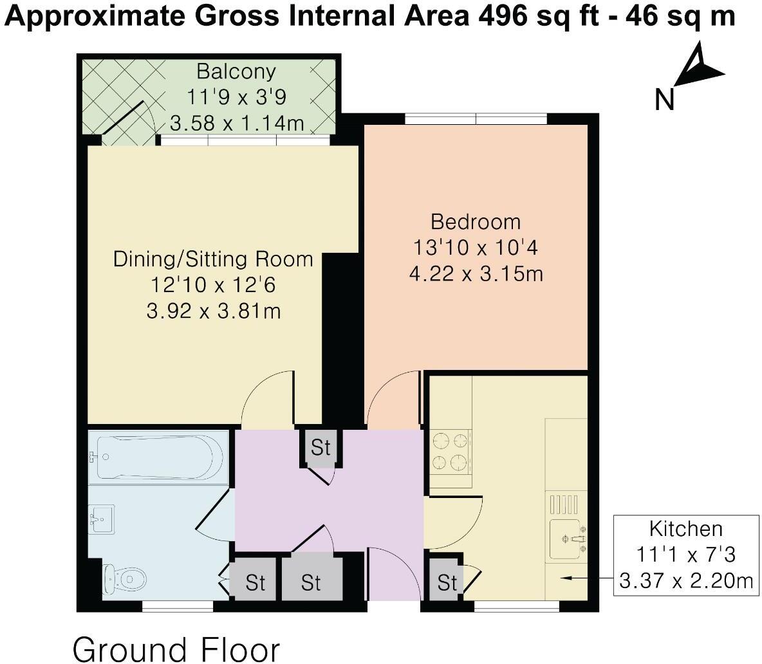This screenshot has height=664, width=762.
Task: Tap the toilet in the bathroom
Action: (125, 578)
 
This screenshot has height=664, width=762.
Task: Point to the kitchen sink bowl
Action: (564, 539)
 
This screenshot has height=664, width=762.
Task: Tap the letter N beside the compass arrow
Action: (664, 100)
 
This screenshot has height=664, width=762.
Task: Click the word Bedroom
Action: (476, 222)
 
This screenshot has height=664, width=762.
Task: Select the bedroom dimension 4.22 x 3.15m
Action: (476, 274)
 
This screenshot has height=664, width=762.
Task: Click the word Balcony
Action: (236, 72)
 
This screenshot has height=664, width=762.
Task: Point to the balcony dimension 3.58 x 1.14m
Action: (237, 123)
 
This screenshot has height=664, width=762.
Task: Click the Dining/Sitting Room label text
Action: (213, 259)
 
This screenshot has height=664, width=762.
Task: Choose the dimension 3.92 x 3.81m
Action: (214, 311)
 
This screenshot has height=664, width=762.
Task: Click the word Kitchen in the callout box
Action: (685, 528)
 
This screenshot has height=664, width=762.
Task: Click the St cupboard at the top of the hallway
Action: (321, 447)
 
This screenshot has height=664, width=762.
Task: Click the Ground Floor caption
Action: (176, 649)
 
